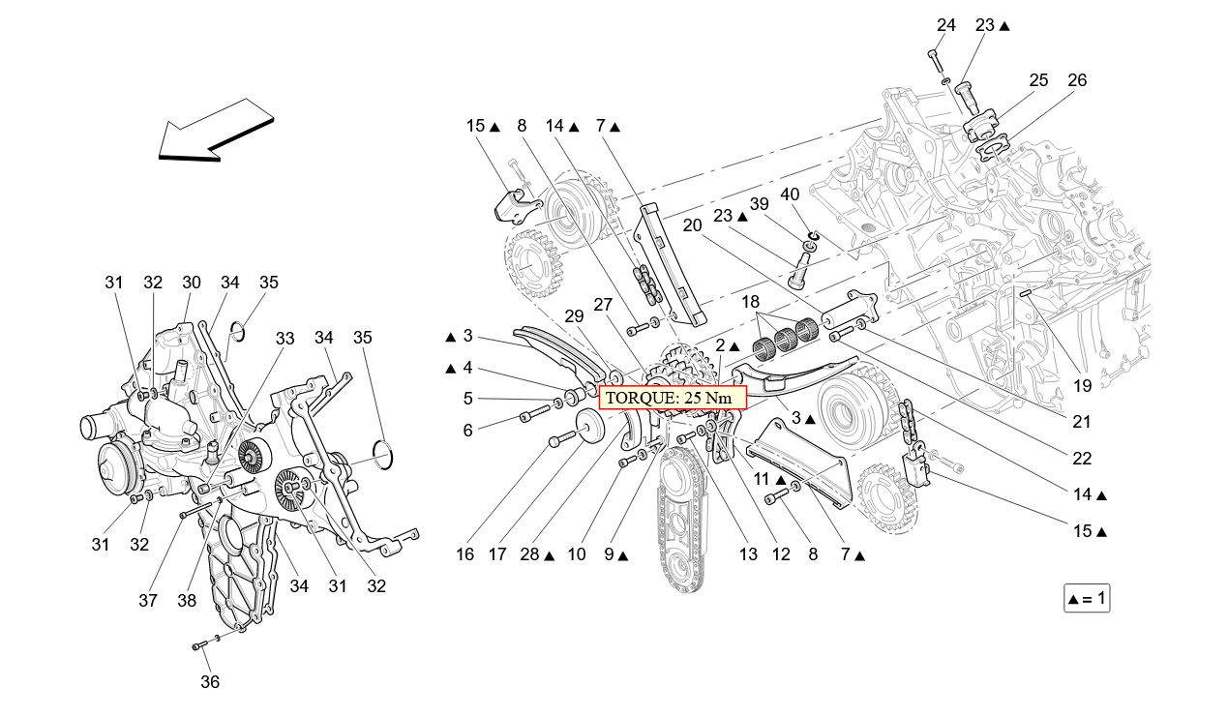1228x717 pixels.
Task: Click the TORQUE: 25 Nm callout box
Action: [673, 398]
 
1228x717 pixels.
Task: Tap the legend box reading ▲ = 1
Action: [1086, 599]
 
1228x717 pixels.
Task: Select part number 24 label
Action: [945, 25]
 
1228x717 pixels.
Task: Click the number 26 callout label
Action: [1077, 80]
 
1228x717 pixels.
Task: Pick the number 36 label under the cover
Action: [210, 681]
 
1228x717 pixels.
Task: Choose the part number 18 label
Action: [751, 302]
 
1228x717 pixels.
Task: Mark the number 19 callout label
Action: [1082, 385]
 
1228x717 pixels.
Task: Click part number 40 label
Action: [790, 194]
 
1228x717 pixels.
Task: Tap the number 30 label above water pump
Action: [191, 283]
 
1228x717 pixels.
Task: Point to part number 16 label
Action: [465, 554]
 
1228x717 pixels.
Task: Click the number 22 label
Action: [1082, 459]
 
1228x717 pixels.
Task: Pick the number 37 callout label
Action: [147, 601]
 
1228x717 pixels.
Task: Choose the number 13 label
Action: [747, 554]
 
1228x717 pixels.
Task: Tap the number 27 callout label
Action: [603, 304]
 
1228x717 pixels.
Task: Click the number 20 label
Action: [691, 225]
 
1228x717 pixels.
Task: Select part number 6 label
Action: [467, 430]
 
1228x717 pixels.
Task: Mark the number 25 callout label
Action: [1038, 80]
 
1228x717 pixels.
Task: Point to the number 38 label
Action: [187, 601]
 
